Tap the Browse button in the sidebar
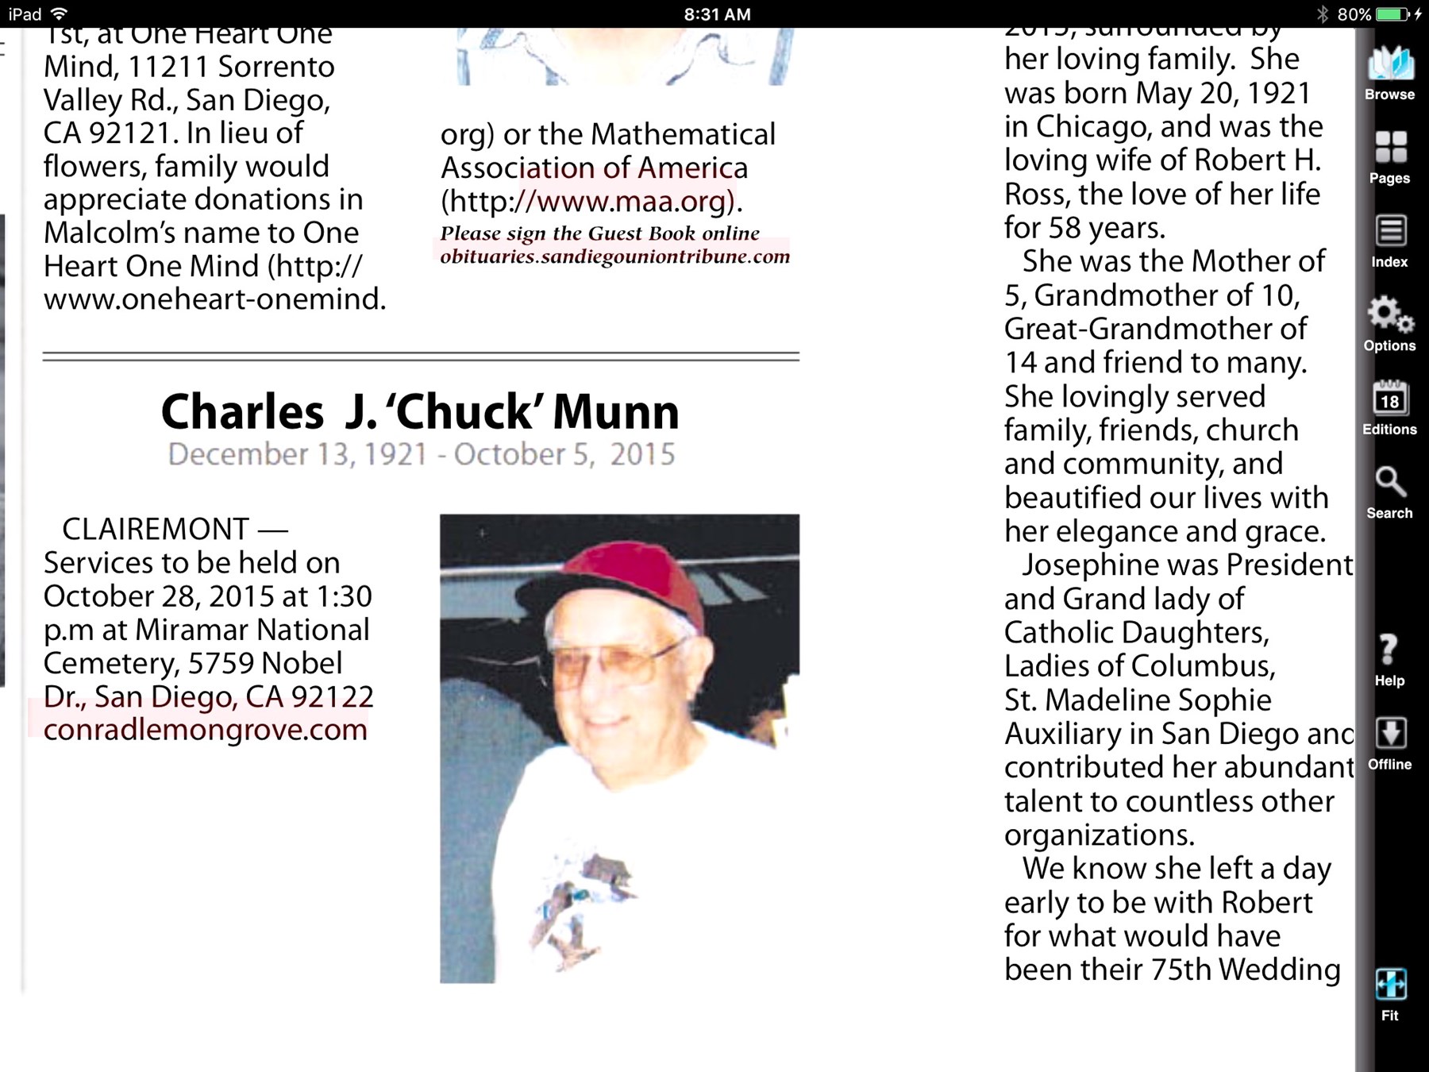(x=1389, y=67)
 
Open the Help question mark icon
(x=1389, y=650)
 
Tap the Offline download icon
(x=1389, y=734)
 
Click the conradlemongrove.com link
(x=206, y=730)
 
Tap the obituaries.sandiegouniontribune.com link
(x=615, y=256)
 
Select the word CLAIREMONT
(x=156, y=529)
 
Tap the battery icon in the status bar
(x=1391, y=14)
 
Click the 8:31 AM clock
(x=717, y=14)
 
